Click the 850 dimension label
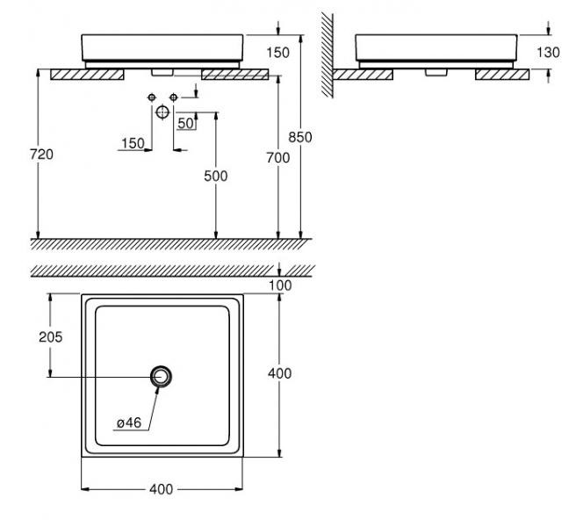click(x=301, y=137)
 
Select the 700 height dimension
click(x=277, y=157)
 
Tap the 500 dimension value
click(x=215, y=176)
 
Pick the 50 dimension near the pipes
click(x=185, y=123)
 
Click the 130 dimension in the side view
click(x=547, y=53)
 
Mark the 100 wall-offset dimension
click(x=280, y=285)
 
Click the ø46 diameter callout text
click(x=128, y=423)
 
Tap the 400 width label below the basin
click(x=162, y=488)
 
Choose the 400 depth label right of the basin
click(x=279, y=373)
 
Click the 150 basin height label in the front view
click(x=277, y=53)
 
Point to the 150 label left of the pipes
click(x=133, y=143)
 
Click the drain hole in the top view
click(x=161, y=376)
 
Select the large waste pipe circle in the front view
click(x=162, y=112)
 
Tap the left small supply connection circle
click(x=151, y=95)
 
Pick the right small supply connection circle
click(x=174, y=95)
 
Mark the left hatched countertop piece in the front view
click(x=87, y=75)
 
